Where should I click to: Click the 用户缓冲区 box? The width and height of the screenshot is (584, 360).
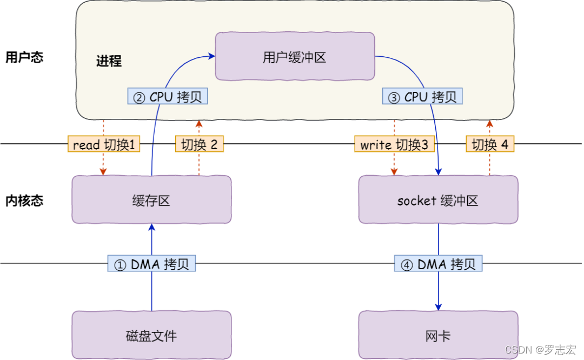295,57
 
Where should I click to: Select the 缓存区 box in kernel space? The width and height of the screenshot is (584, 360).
151,201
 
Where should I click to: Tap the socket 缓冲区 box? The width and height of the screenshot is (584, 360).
438,201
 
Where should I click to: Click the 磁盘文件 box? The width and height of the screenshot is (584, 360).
151,336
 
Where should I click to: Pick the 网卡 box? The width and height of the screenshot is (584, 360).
438,336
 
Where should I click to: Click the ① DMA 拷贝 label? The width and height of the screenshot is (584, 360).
151,264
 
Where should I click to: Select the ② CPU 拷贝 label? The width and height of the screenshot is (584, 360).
168,97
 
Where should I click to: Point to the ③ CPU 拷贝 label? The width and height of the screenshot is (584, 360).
422,97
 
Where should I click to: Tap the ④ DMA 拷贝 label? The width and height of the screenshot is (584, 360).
438,264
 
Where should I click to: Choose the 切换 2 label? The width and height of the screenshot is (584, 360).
199,144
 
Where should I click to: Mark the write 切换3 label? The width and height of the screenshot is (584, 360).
394,144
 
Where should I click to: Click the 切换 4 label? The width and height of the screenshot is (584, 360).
490,144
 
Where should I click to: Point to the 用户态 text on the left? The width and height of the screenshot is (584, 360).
24,57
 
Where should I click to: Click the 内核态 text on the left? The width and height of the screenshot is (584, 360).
24,201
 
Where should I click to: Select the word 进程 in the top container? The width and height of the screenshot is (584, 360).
109,61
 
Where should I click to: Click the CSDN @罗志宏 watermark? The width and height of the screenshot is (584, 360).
541,350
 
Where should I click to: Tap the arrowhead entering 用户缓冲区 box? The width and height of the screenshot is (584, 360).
211,55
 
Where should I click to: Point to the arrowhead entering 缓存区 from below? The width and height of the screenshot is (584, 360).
151,228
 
